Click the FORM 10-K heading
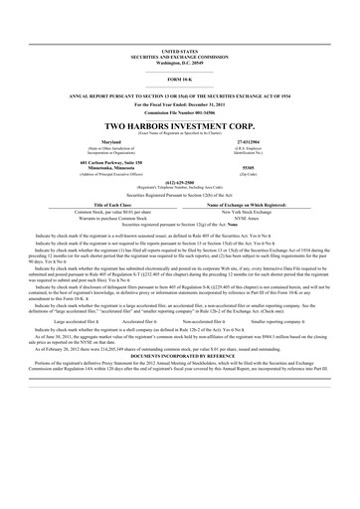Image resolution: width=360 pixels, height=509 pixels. click(179, 78)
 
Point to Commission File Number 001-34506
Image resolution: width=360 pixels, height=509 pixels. click(179, 112)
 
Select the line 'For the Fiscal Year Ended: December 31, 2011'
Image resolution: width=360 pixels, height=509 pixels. click(179, 103)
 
